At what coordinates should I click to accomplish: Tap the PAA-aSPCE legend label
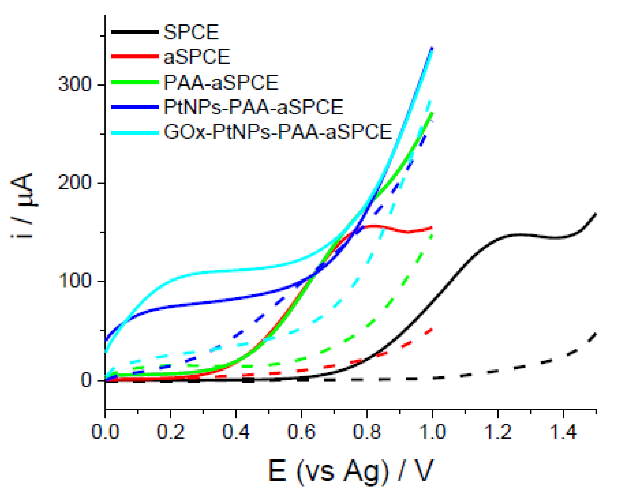tap(221, 83)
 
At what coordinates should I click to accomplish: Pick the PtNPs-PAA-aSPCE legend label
tap(253, 107)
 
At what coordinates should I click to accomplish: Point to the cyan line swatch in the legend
tap(135, 133)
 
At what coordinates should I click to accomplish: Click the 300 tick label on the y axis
tap(75, 85)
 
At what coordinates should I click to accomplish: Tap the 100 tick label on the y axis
tap(75, 281)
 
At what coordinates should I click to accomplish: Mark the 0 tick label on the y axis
tap(86, 380)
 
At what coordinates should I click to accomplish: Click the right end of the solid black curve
tap(595, 214)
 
